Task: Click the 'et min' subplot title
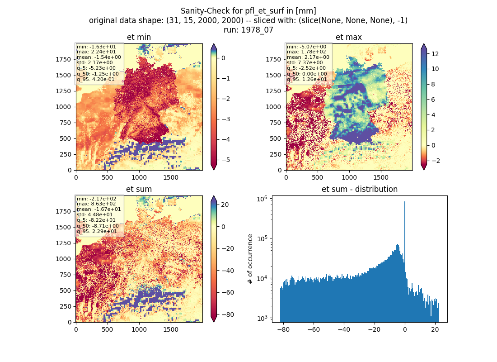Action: point(139,37)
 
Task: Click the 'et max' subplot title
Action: point(349,37)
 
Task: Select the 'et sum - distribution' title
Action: point(360,189)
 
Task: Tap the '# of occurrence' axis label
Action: point(250,259)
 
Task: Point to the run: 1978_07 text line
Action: point(248,30)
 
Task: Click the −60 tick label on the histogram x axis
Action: point(314,329)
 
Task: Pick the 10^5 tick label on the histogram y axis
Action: point(263,238)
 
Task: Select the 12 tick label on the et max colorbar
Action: point(435,54)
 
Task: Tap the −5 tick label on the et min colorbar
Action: point(225,160)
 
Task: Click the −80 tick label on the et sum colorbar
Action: point(227,314)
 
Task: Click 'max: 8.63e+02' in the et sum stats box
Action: point(96,204)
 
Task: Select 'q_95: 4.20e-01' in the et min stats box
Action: point(96,79)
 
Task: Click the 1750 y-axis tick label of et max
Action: point(273,59)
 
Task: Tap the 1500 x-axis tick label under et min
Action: point(170,177)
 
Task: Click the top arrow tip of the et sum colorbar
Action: point(214,196)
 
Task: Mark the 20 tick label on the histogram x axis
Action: point(435,329)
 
